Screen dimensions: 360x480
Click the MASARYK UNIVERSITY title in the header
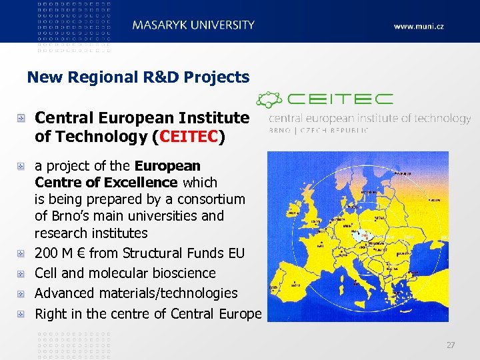pos(193,25)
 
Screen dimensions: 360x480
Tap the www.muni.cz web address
pos(419,27)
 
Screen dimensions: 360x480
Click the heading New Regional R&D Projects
pos(138,77)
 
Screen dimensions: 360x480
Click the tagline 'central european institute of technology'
pos(369,119)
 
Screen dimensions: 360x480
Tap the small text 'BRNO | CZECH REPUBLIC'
pos(319,131)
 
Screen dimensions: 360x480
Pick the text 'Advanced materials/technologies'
pos(136,293)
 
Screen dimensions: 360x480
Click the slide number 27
pos(451,345)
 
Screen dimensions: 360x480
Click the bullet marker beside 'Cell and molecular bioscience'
pos(23,273)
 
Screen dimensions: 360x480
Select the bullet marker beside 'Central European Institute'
pos(23,119)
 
